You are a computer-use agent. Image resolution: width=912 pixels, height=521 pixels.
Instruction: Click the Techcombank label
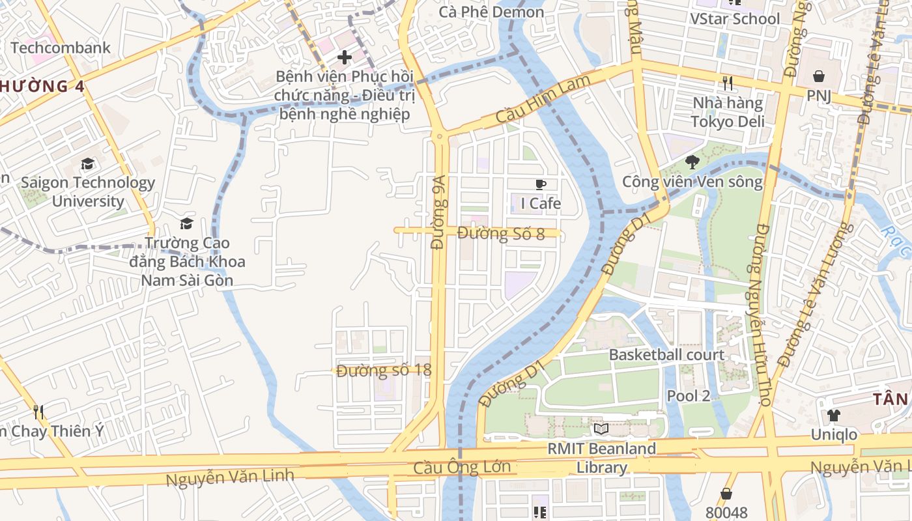61,48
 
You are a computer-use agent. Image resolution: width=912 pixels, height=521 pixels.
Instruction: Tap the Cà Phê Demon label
491,12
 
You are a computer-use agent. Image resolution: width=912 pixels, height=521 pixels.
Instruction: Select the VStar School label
735,19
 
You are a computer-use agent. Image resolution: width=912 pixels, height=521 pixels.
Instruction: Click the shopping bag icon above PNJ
818,76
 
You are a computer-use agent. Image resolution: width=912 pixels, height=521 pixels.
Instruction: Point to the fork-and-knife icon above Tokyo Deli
728,83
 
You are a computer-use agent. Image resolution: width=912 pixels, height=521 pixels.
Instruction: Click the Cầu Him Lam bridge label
543,100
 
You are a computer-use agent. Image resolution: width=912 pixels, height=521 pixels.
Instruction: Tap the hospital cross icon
344,57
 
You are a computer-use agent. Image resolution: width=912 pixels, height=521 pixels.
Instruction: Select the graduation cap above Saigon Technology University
87,164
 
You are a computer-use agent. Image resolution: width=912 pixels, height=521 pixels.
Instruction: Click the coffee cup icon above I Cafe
540,184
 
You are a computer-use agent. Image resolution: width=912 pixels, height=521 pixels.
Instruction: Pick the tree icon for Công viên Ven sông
692,162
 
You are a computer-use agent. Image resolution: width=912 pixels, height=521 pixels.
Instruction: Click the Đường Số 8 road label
500,233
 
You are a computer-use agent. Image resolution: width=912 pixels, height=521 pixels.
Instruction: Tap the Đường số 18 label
384,371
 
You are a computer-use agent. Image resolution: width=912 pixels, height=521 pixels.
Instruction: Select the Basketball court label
666,355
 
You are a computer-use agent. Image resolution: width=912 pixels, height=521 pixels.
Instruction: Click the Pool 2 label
688,395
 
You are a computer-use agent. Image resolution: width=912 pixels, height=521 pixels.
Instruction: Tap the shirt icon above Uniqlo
833,415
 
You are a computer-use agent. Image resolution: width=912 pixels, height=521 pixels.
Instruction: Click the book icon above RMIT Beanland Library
601,429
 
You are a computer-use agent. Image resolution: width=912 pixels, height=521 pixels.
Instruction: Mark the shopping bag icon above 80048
726,494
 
